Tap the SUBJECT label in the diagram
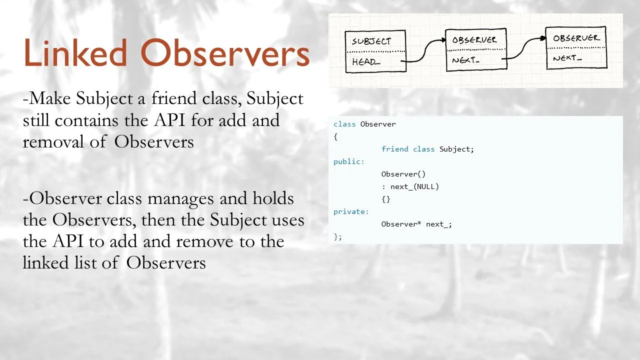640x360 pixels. [371, 41]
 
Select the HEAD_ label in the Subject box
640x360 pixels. [366, 62]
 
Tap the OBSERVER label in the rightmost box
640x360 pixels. [576, 38]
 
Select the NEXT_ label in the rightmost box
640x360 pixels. [567, 58]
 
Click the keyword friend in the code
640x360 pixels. [394, 149]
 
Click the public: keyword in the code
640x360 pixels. [349, 161]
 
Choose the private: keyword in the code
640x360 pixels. [351, 211]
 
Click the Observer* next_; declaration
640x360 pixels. [416, 224]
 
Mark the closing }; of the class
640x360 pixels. [337, 236]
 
